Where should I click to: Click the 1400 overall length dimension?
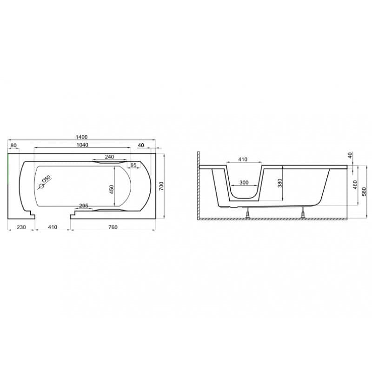(x=82, y=137)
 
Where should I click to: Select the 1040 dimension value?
(x=82, y=145)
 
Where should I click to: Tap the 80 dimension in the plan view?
(x=13, y=145)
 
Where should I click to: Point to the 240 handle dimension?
(x=109, y=157)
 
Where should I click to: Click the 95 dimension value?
(x=133, y=165)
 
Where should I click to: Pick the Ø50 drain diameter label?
(x=46, y=179)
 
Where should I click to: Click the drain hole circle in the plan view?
(x=41, y=186)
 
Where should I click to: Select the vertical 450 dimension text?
(x=112, y=189)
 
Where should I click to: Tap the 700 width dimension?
(x=161, y=186)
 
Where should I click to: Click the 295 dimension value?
(x=84, y=206)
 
